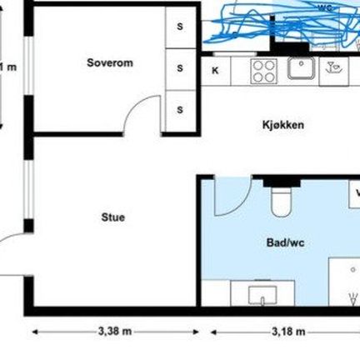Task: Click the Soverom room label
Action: coord(110,62)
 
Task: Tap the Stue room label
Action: coord(113,217)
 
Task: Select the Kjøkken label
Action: coord(283,125)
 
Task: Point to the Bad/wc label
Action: coord(285,242)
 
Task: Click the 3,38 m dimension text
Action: coord(115,331)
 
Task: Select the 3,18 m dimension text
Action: coord(288,332)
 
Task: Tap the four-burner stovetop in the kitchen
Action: coord(264,71)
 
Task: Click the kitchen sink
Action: coord(302,68)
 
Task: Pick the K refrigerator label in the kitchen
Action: coord(215,71)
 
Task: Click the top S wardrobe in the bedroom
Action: coord(180,27)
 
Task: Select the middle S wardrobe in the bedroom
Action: coord(180,68)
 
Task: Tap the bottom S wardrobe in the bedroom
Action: coord(180,110)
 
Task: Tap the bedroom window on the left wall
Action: coord(28,66)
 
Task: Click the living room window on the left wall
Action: coord(28,189)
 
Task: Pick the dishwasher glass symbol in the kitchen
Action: coord(333,67)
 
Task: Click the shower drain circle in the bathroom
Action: coord(353,269)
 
